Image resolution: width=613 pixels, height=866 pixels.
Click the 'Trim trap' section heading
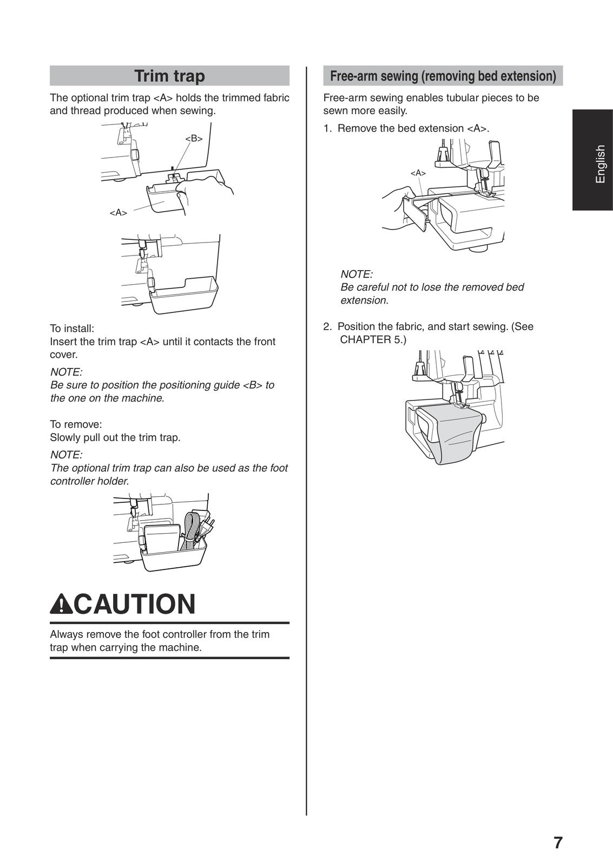point(169,76)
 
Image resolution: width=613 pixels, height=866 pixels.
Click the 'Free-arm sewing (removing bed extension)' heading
point(443,76)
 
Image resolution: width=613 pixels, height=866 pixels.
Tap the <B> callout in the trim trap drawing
point(194,139)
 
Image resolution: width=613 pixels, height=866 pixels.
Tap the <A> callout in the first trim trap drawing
point(118,213)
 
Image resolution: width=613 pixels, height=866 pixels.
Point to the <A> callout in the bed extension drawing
point(418,173)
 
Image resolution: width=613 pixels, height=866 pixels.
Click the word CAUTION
point(134,604)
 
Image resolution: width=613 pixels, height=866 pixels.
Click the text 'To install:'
point(72,329)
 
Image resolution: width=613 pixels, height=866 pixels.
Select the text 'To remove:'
point(76,424)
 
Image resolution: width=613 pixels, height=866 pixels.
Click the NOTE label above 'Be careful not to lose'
point(356,274)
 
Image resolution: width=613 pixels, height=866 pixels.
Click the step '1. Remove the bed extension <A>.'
point(406,128)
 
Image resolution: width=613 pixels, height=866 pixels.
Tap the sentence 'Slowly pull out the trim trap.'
point(115,437)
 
